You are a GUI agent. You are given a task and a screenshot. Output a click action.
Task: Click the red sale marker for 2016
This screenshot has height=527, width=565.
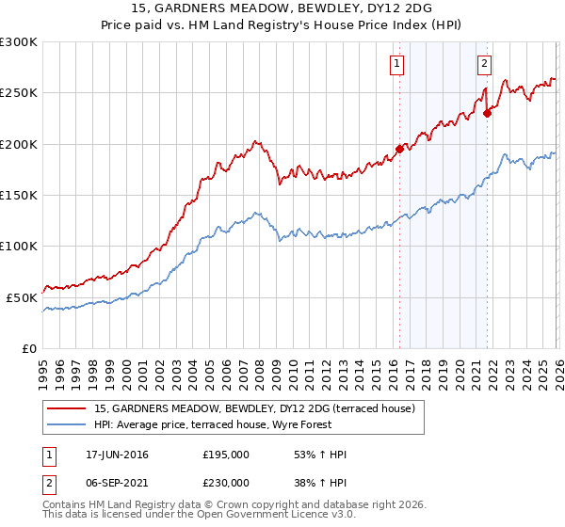point(399,149)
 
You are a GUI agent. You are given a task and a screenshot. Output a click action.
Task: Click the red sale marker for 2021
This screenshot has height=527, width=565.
point(487,113)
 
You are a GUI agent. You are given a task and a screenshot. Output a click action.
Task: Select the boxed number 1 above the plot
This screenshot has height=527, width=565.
point(396,64)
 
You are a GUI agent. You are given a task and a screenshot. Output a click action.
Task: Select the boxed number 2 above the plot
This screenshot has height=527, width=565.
point(484,64)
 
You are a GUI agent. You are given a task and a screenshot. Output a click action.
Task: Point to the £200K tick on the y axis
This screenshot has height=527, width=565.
point(19,144)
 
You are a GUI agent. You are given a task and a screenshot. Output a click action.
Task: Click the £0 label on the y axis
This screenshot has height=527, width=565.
point(30,348)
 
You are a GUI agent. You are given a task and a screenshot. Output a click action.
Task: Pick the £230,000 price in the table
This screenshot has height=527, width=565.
point(226,482)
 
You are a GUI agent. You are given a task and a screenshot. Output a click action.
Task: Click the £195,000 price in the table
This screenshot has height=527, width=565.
point(226,455)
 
